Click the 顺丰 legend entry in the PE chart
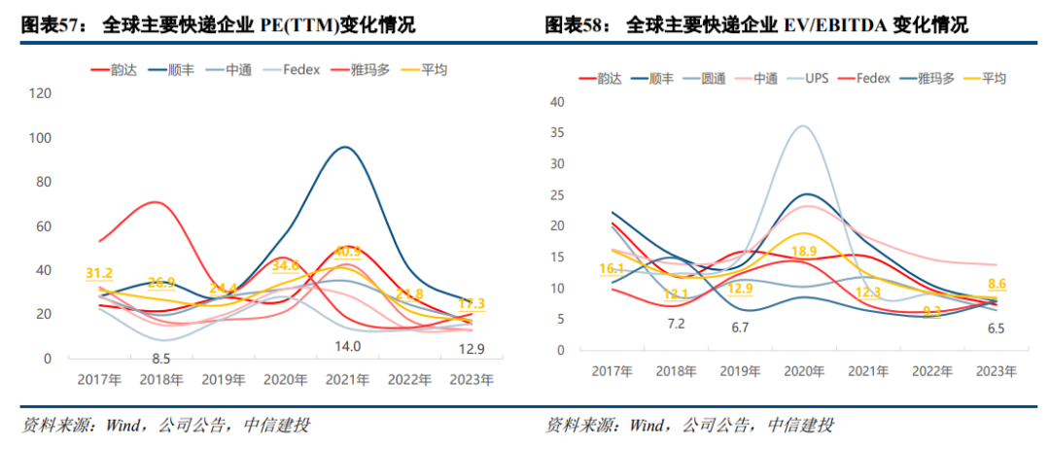coord(178,70)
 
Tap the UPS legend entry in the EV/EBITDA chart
coord(818,79)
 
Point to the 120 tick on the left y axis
coord(42,93)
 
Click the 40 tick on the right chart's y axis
coord(557,101)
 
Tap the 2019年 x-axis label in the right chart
coord(741,371)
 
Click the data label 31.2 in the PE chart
coord(100,273)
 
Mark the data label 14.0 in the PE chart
coord(348,346)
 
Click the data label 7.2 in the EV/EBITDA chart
coord(677,324)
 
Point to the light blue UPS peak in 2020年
coord(803,125)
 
